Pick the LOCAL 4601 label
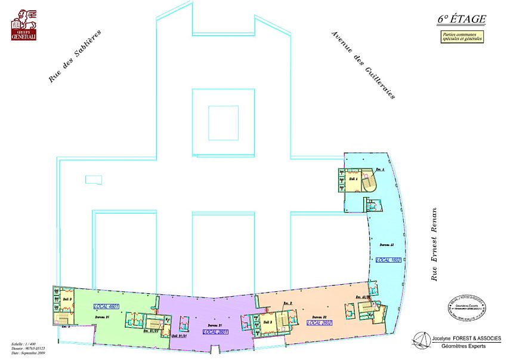107,306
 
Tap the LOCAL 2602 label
319,322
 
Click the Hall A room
353,179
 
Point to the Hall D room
67,299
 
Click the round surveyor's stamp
466,306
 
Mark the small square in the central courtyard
223,122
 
